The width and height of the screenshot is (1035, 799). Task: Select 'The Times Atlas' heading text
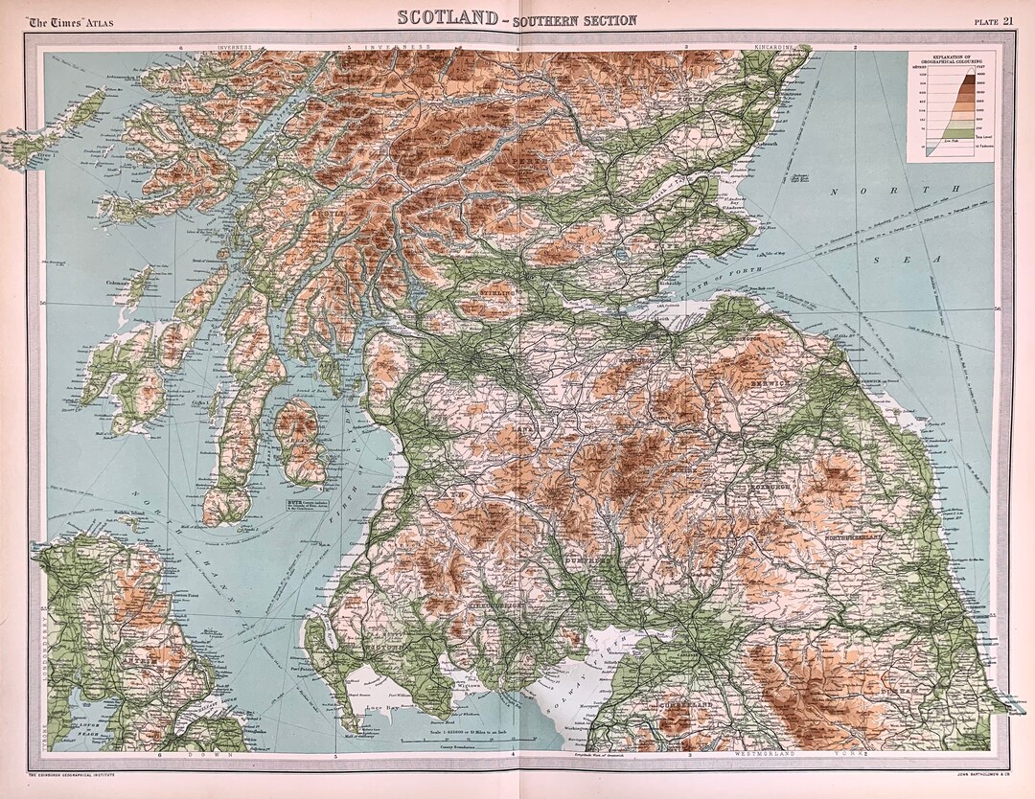(68, 21)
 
